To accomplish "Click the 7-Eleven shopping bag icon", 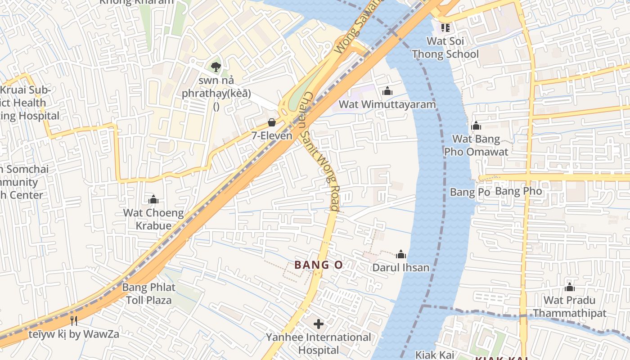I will pos(272,122).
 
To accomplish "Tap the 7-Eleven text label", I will pos(272,135).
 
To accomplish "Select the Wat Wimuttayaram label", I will pos(387,104).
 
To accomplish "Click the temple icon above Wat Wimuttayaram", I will pos(387,91).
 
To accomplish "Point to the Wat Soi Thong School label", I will pos(445,48).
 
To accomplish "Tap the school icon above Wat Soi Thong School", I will pos(445,27).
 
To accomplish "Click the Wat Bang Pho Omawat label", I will pos(476,145).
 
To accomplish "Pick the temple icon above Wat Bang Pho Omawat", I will pos(476,126).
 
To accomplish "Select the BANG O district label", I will pos(319,265).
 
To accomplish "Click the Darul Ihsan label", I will pos(400,268).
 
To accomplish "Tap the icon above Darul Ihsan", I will pos(400,255).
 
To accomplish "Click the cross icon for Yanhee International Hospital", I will pos(319,324).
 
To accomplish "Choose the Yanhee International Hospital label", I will pos(319,343).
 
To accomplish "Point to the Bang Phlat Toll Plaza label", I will pos(149,293).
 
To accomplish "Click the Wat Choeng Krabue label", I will pos(153,219).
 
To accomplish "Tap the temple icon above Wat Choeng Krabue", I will pos(153,199).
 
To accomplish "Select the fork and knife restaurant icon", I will pos(74,320).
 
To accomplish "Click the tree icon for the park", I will pos(216,67).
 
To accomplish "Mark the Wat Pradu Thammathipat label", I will pos(570,306).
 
